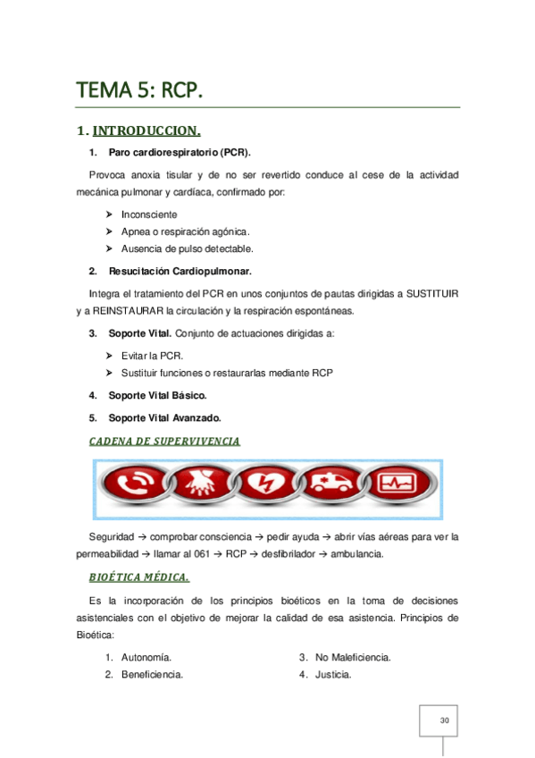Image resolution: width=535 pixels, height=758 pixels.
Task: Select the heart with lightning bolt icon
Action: click(265, 488)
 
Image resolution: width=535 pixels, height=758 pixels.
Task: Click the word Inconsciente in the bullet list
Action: click(149, 215)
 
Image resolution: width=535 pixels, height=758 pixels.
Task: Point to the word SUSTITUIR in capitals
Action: click(431, 293)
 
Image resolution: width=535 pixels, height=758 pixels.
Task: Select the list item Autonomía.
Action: click(146, 658)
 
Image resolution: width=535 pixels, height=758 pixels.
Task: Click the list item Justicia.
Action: click(333, 675)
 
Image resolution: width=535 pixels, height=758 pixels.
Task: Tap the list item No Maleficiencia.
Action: click(353, 658)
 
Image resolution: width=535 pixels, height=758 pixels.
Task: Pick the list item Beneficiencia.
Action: click(152, 675)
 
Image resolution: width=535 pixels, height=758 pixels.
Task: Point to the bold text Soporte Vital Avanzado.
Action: click(165, 417)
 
